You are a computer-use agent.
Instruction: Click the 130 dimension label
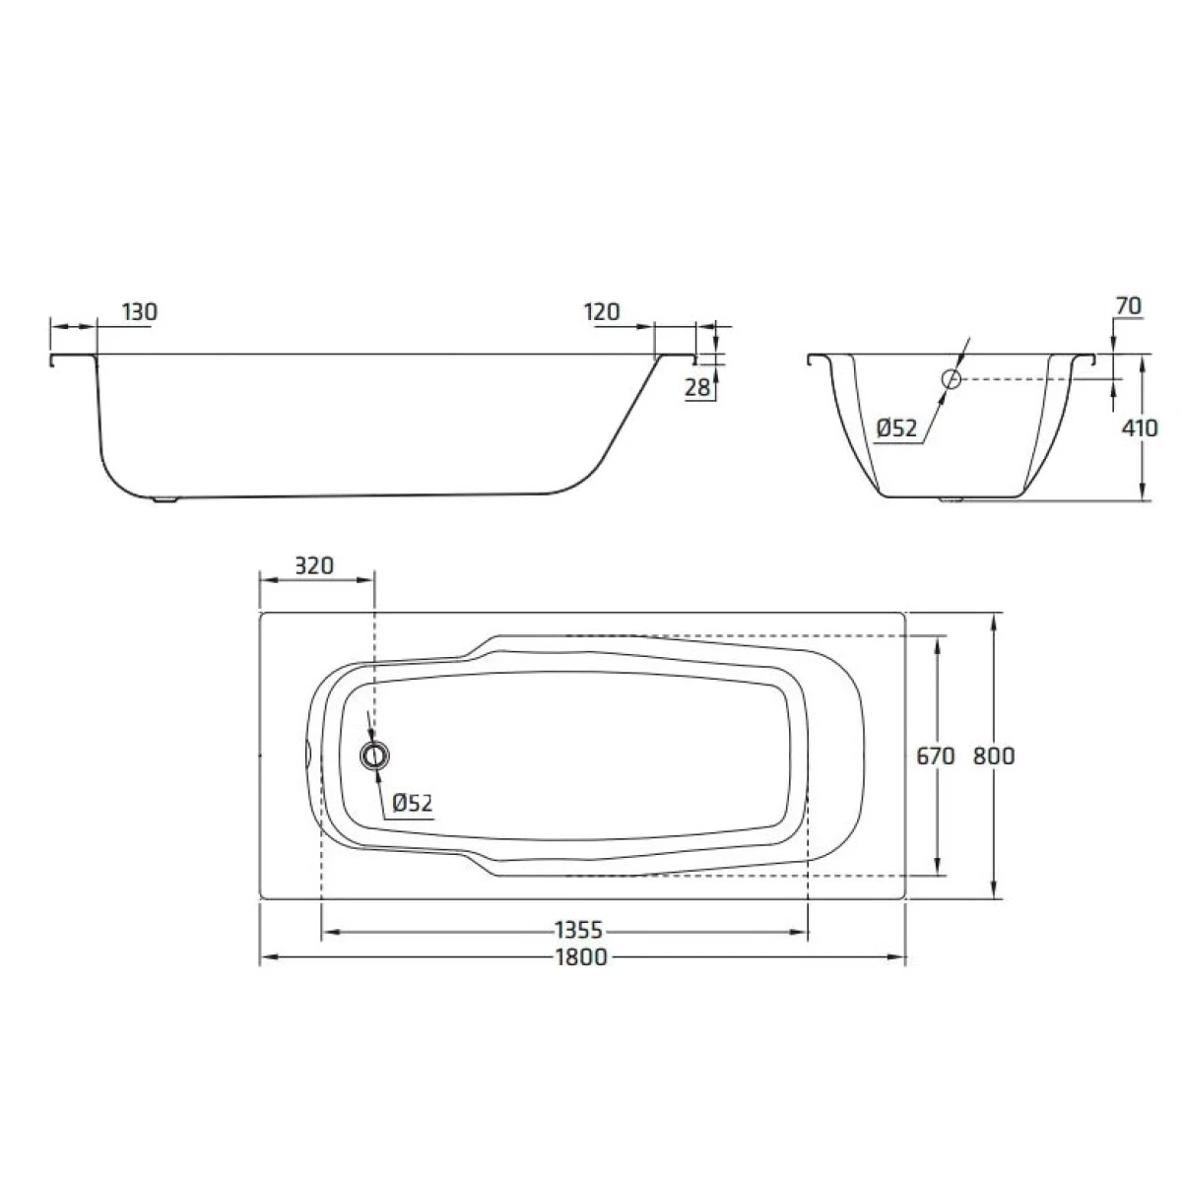click(140, 312)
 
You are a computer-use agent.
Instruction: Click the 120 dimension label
click(602, 312)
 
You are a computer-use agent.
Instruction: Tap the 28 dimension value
click(697, 388)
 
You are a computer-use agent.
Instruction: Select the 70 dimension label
click(1129, 305)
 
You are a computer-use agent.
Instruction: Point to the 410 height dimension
click(1140, 427)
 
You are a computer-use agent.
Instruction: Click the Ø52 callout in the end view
click(897, 427)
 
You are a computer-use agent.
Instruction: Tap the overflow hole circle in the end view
click(951, 379)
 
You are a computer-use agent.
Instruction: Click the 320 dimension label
click(314, 565)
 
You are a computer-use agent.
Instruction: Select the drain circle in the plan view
click(374, 755)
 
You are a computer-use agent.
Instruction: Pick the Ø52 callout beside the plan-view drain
click(412, 803)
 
